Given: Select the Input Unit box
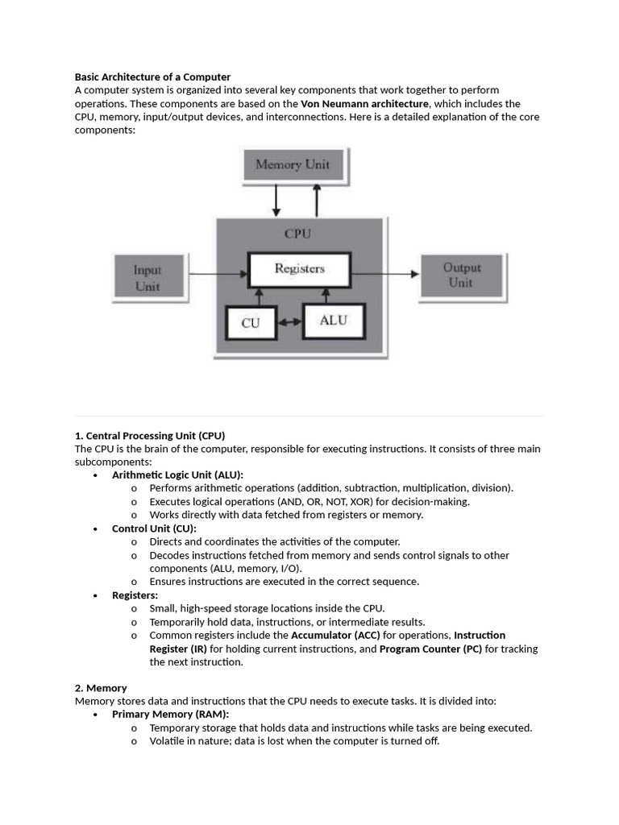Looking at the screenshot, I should [147, 278].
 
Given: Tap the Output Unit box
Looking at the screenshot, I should [460, 275].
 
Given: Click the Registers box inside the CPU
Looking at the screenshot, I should [299, 269].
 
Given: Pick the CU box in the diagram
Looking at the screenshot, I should [251, 322].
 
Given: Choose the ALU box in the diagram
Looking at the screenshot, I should [333, 320].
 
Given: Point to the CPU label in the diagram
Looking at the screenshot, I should [297, 234].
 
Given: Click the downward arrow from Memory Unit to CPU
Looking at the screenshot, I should [276, 201].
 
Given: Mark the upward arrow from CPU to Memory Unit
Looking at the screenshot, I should [317, 201].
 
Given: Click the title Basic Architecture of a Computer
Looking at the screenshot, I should [152, 77].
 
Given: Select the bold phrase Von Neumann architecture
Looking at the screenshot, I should [364, 104].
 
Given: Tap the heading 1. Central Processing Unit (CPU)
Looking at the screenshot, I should [150, 435].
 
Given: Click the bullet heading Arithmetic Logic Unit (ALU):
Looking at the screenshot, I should [177, 475].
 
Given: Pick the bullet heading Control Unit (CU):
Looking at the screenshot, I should [154, 529].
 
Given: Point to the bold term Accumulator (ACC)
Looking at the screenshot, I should [335, 635].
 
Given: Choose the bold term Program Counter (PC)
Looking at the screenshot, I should [430, 649].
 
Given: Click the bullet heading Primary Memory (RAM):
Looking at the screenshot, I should [170, 714].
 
